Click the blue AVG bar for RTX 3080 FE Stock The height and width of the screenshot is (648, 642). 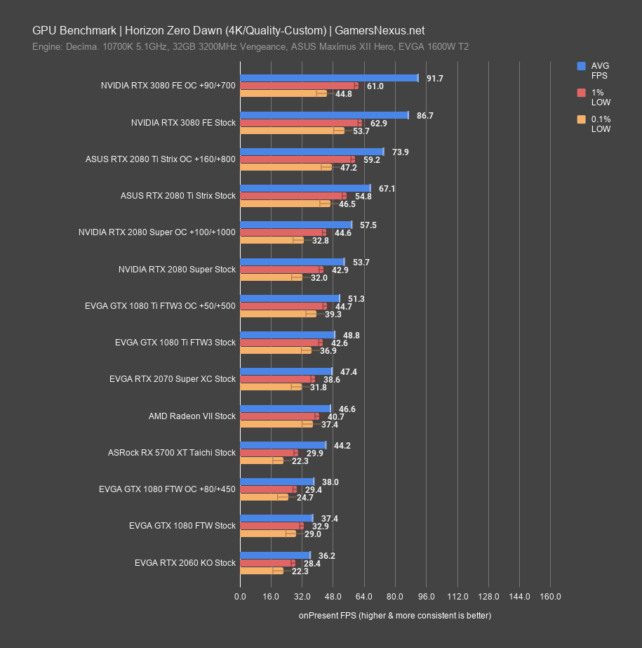324,114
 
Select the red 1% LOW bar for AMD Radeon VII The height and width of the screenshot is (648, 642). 279,416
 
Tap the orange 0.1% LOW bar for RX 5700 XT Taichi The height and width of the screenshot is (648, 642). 261,461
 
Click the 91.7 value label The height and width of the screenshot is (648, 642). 434,79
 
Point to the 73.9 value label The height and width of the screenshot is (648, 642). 400,152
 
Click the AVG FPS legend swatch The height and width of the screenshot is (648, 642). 581,66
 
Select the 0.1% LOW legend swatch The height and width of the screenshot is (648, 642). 581,119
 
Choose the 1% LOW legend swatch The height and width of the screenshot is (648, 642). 581,93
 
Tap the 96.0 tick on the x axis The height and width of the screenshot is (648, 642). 426,597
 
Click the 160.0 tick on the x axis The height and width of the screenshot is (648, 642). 550,597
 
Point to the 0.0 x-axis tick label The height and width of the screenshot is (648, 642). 240,597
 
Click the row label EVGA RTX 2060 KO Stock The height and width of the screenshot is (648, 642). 186,563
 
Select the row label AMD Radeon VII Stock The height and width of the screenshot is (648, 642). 192,416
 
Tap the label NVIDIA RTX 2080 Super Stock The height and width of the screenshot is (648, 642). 177,270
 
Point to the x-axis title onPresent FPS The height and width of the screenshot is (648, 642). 394,616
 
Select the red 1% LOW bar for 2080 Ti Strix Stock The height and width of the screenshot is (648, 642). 293,196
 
